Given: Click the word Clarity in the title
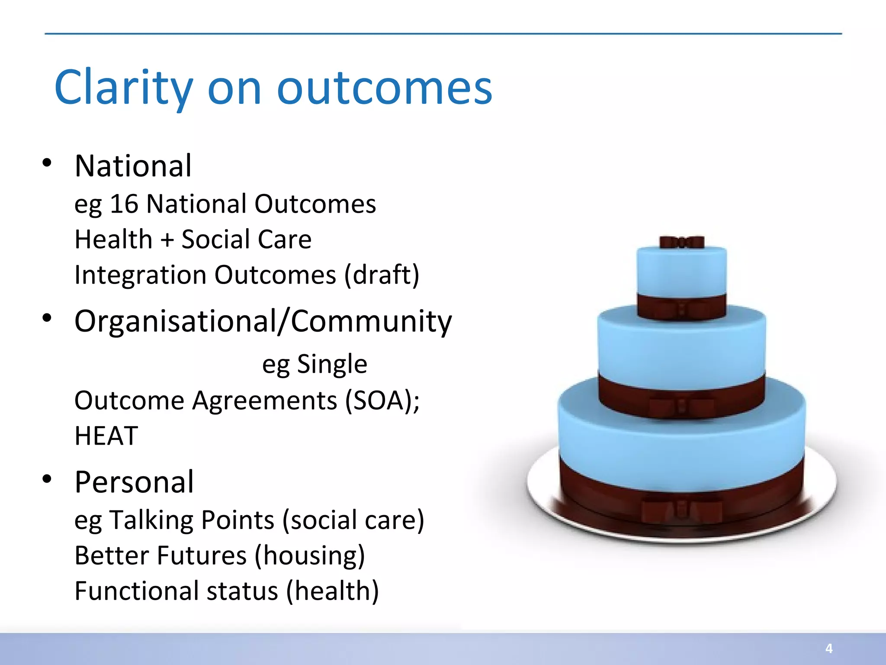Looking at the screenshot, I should point(123,88).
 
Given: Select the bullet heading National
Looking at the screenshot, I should point(133,166).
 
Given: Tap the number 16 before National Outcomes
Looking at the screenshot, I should point(124,204).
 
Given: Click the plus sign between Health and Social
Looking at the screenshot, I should point(167,239).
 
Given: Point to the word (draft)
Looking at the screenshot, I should point(382,275).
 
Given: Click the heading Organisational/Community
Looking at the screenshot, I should point(263,322).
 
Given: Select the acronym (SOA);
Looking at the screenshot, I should point(382,400).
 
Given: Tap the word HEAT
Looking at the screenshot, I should point(106,436).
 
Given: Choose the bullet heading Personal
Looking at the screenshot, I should point(134,482).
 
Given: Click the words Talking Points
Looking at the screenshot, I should point(191,520).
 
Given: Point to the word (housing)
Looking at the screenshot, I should point(310,555).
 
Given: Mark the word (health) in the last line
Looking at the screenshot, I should point(332,591).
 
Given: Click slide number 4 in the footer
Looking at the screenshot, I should point(829,648).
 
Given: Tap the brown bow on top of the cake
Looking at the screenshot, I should point(682,242).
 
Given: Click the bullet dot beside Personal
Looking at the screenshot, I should point(47,479).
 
